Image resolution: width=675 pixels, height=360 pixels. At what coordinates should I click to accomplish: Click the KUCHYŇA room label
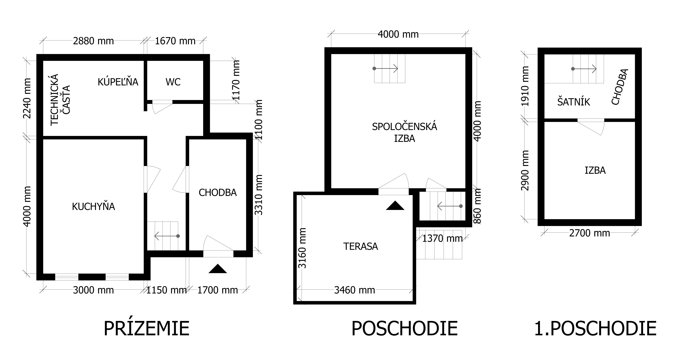tap(94, 207)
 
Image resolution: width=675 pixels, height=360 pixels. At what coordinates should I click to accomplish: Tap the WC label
tap(173, 82)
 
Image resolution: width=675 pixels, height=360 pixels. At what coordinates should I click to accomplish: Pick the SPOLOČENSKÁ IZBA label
tap(405, 132)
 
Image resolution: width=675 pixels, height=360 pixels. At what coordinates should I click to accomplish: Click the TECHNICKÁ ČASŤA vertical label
tap(61, 100)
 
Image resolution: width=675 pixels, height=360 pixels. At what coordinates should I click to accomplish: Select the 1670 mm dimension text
tap(175, 41)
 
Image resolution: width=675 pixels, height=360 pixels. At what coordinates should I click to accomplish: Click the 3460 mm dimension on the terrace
tap(355, 290)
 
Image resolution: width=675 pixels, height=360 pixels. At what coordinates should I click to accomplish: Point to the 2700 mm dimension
tap(590, 233)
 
